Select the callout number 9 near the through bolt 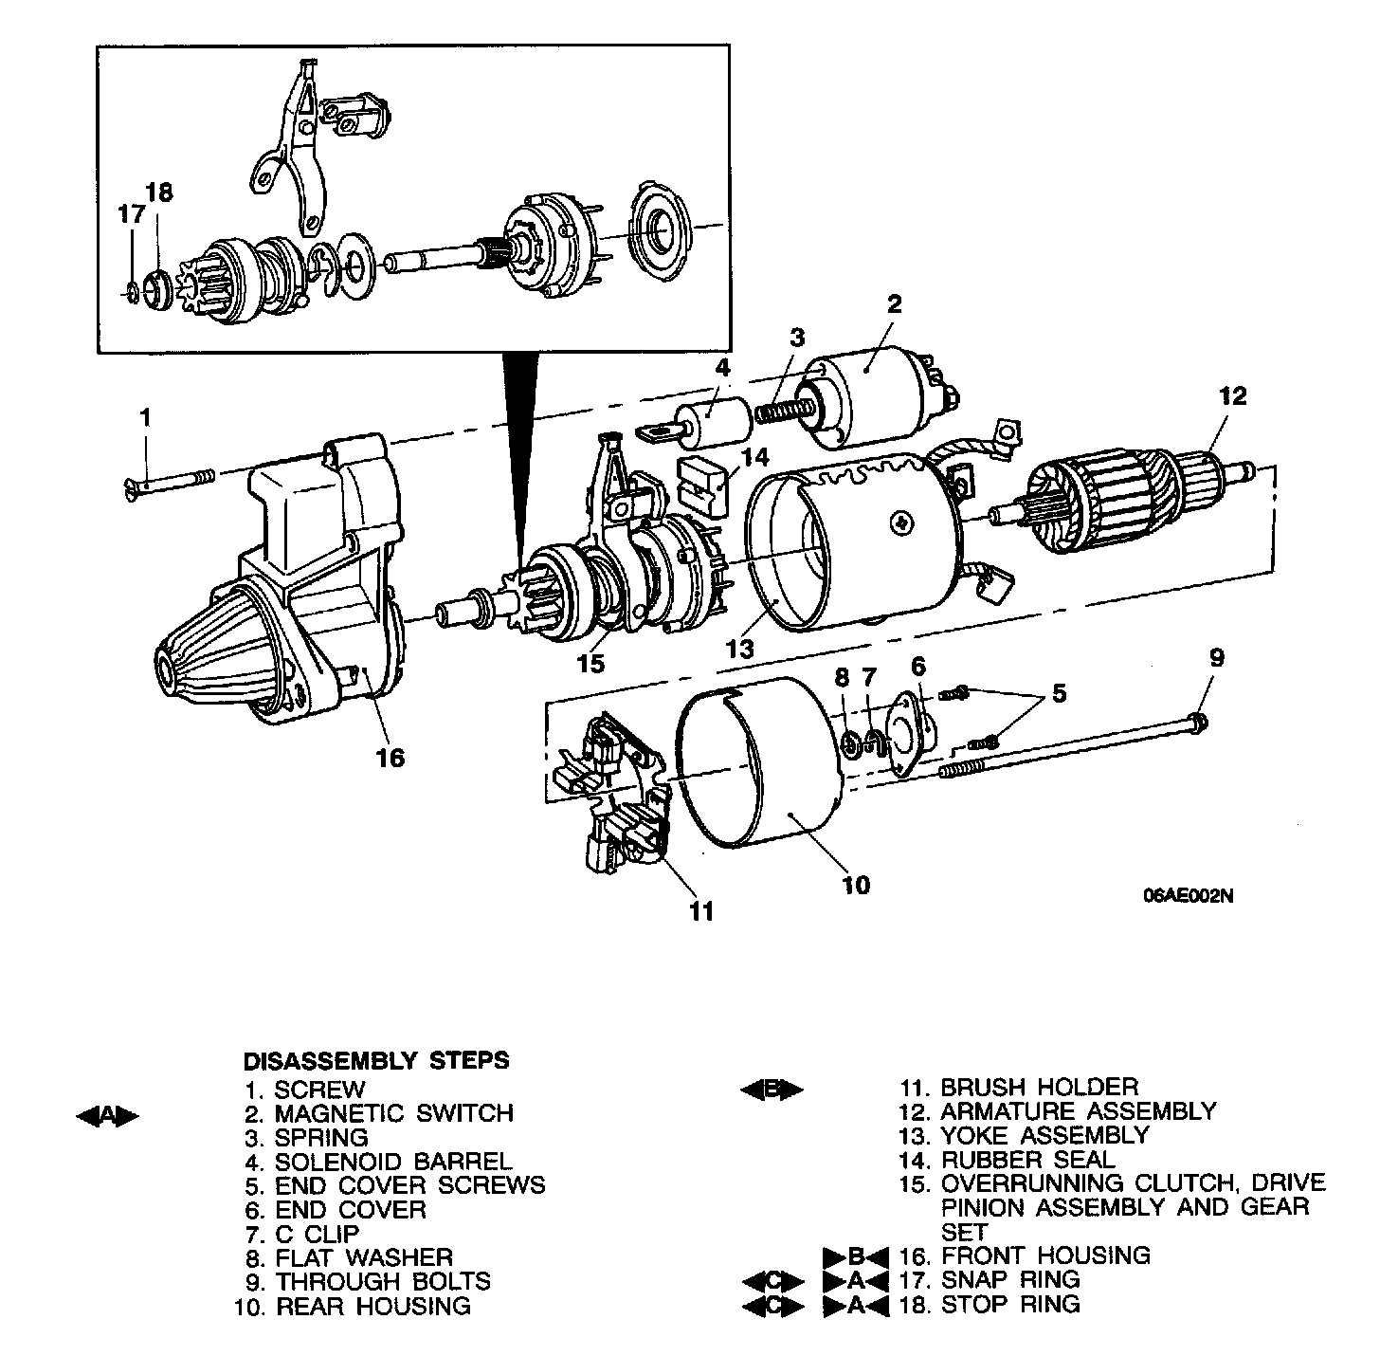click(x=1216, y=657)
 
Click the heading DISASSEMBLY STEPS click(x=376, y=1060)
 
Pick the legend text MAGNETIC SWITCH click(x=393, y=1113)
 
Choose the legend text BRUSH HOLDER click(x=1039, y=1087)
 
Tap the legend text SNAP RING click(x=1009, y=1279)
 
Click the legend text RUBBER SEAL click(x=1027, y=1160)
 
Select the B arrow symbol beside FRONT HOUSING click(x=856, y=1256)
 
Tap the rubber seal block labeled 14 click(x=702, y=485)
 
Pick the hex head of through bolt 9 click(x=1198, y=724)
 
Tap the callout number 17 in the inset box click(x=132, y=214)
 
